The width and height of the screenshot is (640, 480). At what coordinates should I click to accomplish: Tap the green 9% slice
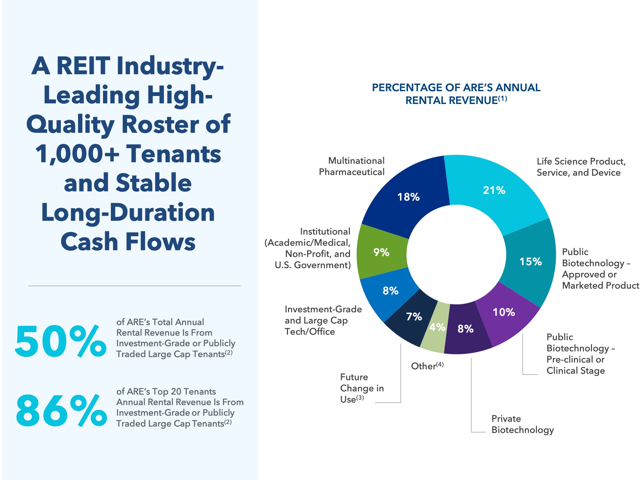coord(381,252)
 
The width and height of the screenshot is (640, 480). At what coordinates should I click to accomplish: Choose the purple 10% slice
coord(504,312)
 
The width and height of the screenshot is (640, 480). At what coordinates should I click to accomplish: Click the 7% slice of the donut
coord(413,317)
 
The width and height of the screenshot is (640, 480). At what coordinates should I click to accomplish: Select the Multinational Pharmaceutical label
coord(352,166)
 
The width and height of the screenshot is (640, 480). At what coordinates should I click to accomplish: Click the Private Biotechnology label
coord(522,424)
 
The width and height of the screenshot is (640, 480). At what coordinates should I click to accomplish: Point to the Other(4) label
coord(427,366)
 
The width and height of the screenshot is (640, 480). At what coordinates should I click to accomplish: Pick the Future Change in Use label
coord(362,388)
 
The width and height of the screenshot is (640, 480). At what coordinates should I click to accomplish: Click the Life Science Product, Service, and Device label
coord(581,167)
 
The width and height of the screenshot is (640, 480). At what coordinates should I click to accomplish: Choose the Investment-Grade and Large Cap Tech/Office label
coord(323,320)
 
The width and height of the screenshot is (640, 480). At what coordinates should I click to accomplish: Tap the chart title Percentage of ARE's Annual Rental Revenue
coord(456,94)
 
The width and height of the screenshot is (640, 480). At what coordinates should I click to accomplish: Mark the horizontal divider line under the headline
coord(134,286)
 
